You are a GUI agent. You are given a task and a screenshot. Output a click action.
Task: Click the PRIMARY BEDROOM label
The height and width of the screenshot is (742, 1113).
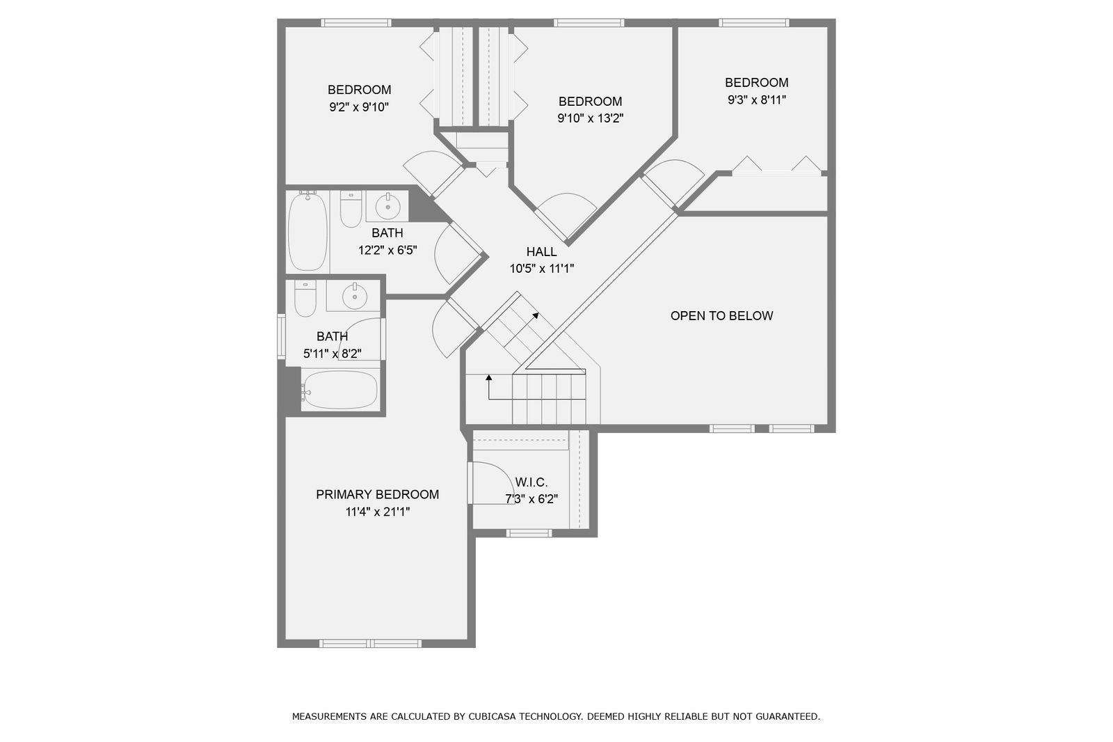[377, 494]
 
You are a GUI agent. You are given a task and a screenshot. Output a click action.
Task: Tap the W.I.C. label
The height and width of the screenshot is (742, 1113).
[531, 482]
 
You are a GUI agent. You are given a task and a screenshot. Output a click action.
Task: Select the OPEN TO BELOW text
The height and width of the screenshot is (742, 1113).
[721, 316]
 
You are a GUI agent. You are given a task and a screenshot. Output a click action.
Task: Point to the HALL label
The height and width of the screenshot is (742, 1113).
[541, 252]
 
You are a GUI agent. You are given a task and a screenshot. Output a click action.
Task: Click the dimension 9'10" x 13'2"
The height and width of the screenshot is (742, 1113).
[591, 118]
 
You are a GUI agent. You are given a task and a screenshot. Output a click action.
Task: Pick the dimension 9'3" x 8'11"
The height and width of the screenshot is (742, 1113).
[757, 100]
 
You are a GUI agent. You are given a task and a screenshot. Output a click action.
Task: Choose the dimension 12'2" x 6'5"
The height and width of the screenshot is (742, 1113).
[387, 250]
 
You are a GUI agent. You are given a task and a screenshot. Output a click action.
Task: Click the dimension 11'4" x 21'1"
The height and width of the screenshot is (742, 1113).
[378, 512]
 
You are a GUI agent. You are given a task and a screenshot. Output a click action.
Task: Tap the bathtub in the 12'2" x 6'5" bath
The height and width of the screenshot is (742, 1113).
[307, 231]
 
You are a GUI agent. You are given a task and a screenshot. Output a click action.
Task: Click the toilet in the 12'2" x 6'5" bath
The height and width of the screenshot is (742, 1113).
[351, 210]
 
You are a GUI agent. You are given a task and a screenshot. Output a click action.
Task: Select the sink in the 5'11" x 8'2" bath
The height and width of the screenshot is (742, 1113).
[354, 297]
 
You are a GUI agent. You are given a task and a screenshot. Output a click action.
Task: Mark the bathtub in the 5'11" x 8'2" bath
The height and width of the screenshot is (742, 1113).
[340, 390]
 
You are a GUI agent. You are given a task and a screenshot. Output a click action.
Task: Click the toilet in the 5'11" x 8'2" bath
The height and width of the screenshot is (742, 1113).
[305, 299]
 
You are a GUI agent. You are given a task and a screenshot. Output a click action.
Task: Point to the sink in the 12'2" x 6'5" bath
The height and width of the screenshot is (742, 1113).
[387, 207]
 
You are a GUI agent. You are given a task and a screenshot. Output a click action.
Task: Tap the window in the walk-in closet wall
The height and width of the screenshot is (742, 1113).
[529, 533]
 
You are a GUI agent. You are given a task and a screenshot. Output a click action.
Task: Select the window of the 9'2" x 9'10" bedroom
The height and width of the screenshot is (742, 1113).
[355, 22]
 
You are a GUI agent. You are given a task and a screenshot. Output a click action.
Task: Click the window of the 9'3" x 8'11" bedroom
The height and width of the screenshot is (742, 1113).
[753, 22]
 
